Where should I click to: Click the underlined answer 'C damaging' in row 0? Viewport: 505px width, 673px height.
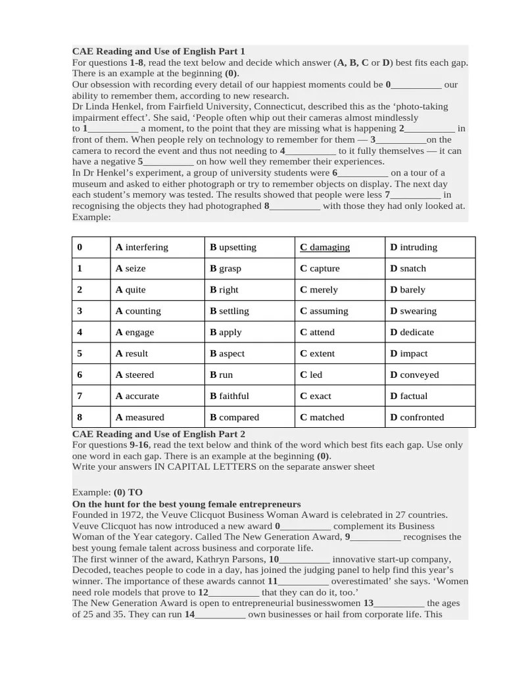pos(325,247)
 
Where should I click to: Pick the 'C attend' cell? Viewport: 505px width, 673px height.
pos(317,332)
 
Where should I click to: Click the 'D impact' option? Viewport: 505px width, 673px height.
pos(408,353)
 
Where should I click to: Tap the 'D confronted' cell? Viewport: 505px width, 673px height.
pos(417,417)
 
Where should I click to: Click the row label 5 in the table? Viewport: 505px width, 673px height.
pos(80,353)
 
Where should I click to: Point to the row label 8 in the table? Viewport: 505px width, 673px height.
pos(80,417)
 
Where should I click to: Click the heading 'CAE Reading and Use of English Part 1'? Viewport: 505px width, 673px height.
pos(158,51)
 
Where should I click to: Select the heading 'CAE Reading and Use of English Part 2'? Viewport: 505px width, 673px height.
pos(158,434)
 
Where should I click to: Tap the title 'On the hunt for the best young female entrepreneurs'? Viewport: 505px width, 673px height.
pos(186,504)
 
